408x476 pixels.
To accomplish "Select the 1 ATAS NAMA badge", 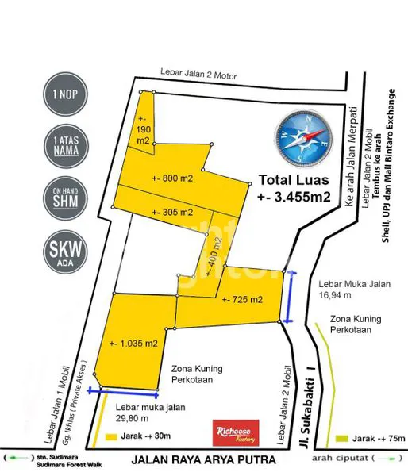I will pos(65,148).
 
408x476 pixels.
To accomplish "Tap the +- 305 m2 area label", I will pos(172,213).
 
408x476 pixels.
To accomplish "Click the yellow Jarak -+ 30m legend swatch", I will pos(109,437).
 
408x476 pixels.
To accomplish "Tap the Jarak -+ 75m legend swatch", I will pos(341,438).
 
